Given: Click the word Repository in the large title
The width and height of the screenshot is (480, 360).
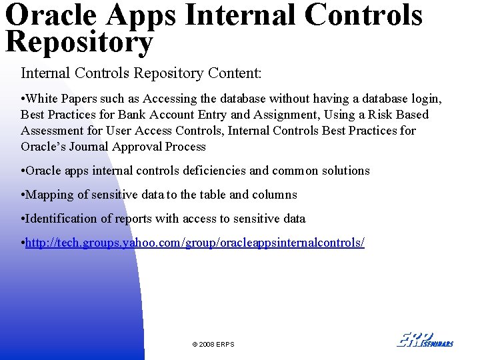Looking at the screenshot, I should (79, 41).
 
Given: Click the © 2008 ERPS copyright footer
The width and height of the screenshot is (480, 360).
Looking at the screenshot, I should (213, 344).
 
